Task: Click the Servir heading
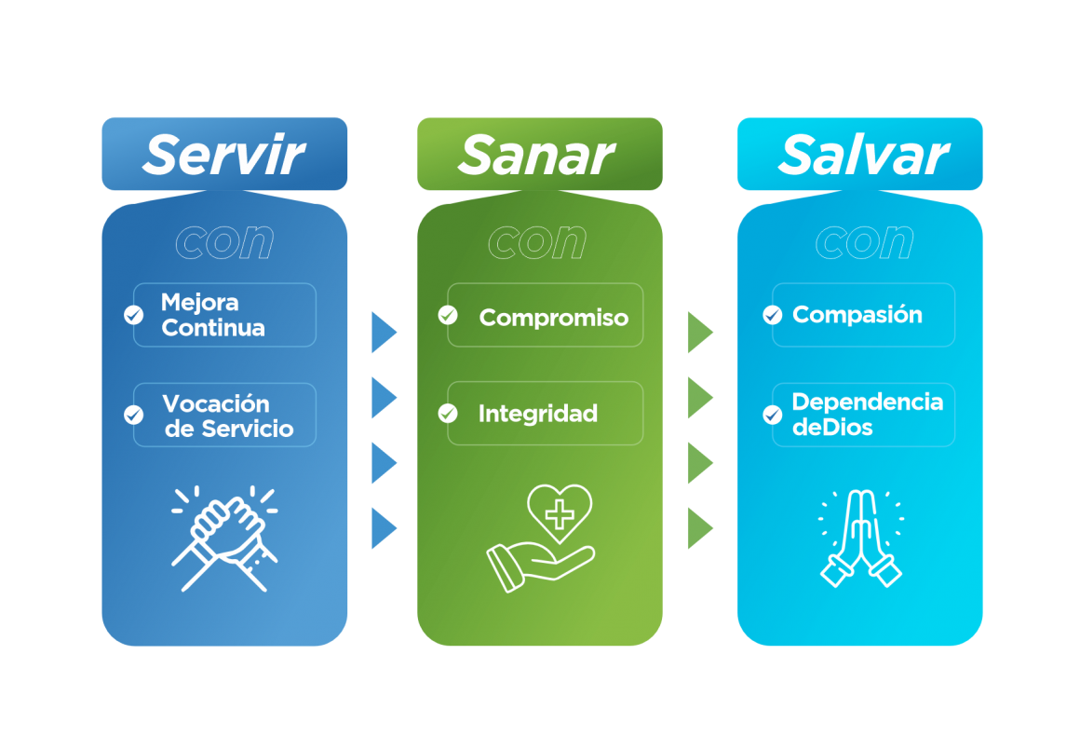(223, 155)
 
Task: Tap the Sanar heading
(536, 155)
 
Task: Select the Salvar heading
(864, 155)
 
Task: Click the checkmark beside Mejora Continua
(134, 315)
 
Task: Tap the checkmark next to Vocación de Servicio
(134, 415)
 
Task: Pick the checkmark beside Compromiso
(448, 315)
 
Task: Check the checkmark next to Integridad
(448, 414)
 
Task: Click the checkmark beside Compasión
(772, 315)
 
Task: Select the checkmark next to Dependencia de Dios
(772, 415)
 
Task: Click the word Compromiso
(554, 318)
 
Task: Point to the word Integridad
(538, 414)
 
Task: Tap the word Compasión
(857, 314)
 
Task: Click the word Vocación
(216, 403)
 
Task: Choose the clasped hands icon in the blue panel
(224, 539)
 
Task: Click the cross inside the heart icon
(560, 514)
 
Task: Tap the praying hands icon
(861, 539)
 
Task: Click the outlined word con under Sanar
(537, 242)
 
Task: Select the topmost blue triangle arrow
(384, 333)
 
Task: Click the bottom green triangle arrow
(700, 528)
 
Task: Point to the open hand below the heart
(540, 566)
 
